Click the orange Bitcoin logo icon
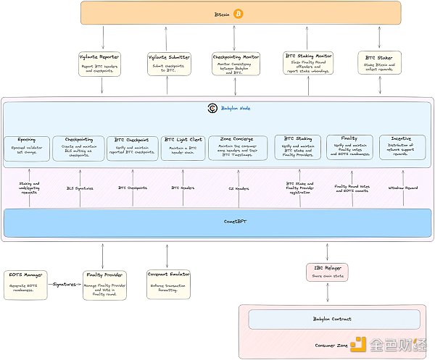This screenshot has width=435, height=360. pos(239,13)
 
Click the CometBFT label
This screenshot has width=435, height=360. pos(217,223)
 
